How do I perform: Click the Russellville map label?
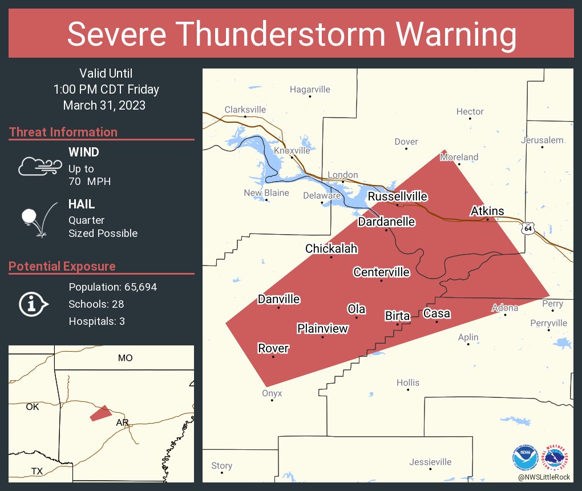pyautogui.click(x=397, y=196)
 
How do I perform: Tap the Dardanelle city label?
pyautogui.click(x=386, y=222)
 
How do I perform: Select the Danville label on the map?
pyautogui.click(x=278, y=299)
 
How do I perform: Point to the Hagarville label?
pyautogui.click(x=310, y=89)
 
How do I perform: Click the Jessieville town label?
pyautogui.click(x=430, y=462)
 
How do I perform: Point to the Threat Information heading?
pyautogui.click(x=63, y=132)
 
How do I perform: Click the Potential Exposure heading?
pyautogui.click(x=62, y=266)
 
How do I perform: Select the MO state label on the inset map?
pyautogui.click(x=125, y=358)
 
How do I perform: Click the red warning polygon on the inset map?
pyautogui.click(x=101, y=413)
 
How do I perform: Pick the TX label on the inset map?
pyautogui.click(x=37, y=471)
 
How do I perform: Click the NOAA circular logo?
pyautogui.click(x=525, y=457)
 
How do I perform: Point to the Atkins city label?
pyautogui.click(x=487, y=211)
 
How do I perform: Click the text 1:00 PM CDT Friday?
pyautogui.click(x=106, y=89)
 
